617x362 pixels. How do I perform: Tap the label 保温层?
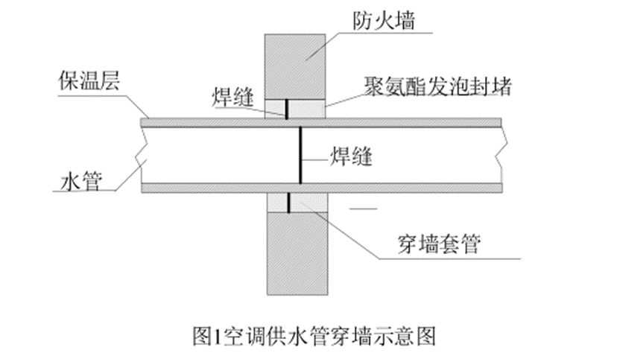point(84,80)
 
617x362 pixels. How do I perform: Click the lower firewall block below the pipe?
point(295,253)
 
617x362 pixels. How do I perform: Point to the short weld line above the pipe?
point(285,108)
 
